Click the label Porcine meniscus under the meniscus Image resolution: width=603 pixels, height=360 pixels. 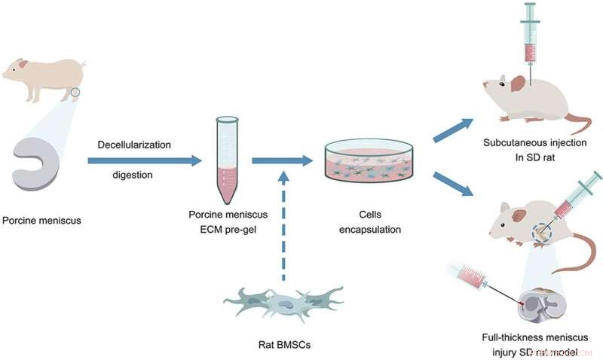(41, 221)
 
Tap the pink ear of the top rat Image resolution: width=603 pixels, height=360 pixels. (518, 83)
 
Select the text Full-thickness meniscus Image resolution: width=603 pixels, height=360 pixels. (533, 337)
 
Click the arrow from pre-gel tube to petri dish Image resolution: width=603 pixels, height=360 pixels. (281, 160)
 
